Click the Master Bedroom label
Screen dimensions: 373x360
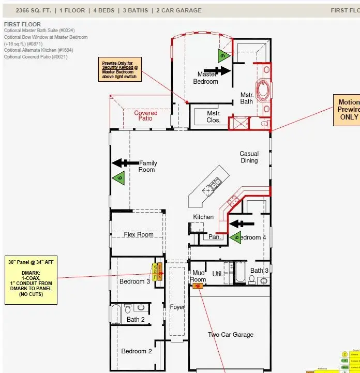(x=205, y=78)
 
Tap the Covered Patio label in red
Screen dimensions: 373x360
(x=146, y=115)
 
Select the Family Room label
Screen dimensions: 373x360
(x=147, y=167)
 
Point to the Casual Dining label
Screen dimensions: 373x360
(x=249, y=157)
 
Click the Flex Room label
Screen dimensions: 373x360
(x=139, y=234)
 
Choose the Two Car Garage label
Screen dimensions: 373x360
(x=231, y=335)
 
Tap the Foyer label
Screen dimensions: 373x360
(x=177, y=307)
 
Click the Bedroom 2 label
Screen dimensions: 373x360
(x=137, y=351)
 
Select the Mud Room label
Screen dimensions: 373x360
(x=199, y=276)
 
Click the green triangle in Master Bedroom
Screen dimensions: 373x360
(x=223, y=56)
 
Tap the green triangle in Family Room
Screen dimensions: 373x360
(x=118, y=178)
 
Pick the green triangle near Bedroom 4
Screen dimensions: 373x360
(x=236, y=237)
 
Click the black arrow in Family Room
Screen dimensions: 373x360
(x=125, y=163)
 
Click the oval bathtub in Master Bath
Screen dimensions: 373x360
(x=264, y=90)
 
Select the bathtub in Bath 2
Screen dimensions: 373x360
(x=115, y=314)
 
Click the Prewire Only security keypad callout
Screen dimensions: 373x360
(x=119, y=70)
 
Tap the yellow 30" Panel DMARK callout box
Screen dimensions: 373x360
(x=31, y=280)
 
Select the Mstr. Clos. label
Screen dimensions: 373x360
(x=214, y=117)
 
